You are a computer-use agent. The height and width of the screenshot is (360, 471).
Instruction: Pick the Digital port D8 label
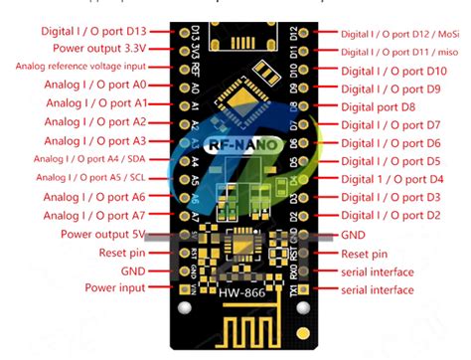coord(378,106)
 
